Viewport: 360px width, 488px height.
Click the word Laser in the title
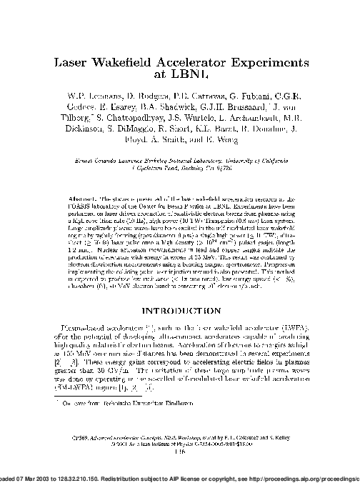tap(74, 63)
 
